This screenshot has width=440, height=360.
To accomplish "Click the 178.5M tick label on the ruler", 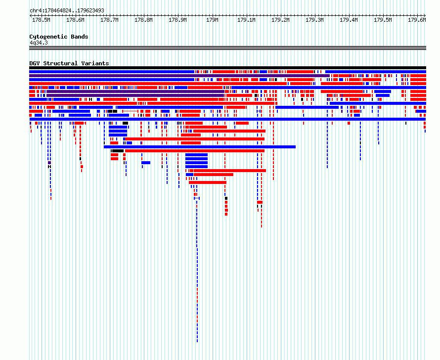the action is pyautogui.click(x=41, y=20).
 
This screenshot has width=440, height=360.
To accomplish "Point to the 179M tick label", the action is pyautogui.click(x=212, y=20).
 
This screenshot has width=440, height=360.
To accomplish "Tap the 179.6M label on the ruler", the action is pyautogui.click(x=417, y=20).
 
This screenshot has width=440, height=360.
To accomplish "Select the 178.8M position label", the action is pyautogui.click(x=143, y=20).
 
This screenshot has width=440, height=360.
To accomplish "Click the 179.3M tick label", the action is pyautogui.click(x=314, y=20).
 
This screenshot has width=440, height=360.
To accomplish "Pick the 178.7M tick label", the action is pyautogui.click(x=109, y=20).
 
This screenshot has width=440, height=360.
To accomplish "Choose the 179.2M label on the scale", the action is pyautogui.click(x=280, y=20).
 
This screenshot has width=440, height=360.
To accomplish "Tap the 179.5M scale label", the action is pyautogui.click(x=383, y=20).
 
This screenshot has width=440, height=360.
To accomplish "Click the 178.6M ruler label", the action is pyautogui.click(x=75, y=20).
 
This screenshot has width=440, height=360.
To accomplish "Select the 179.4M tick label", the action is pyautogui.click(x=349, y=20).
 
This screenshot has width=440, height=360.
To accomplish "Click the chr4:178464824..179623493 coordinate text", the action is pyautogui.click(x=67, y=11).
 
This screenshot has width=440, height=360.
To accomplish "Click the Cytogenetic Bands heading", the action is pyautogui.click(x=59, y=37).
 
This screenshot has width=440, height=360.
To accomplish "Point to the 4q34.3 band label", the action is pyautogui.click(x=39, y=43).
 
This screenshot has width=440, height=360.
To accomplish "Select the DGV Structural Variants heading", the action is pyautogui.click(x=69, y=63).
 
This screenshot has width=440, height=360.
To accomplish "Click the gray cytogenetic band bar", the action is pyautogui.click(x=227, y=48).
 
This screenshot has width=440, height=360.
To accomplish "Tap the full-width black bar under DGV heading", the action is pyautogui.click(x=227, y=68).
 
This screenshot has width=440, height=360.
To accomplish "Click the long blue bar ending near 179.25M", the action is pyautogui.click(x=200, y=147).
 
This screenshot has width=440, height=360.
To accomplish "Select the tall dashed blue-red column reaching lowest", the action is pyautogui.click(x=197, y=264).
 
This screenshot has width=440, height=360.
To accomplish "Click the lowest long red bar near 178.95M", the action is pyautogui.click(x=208, y=182).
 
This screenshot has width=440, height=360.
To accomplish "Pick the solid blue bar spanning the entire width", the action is pyautogui.click(x=227, y=119).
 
